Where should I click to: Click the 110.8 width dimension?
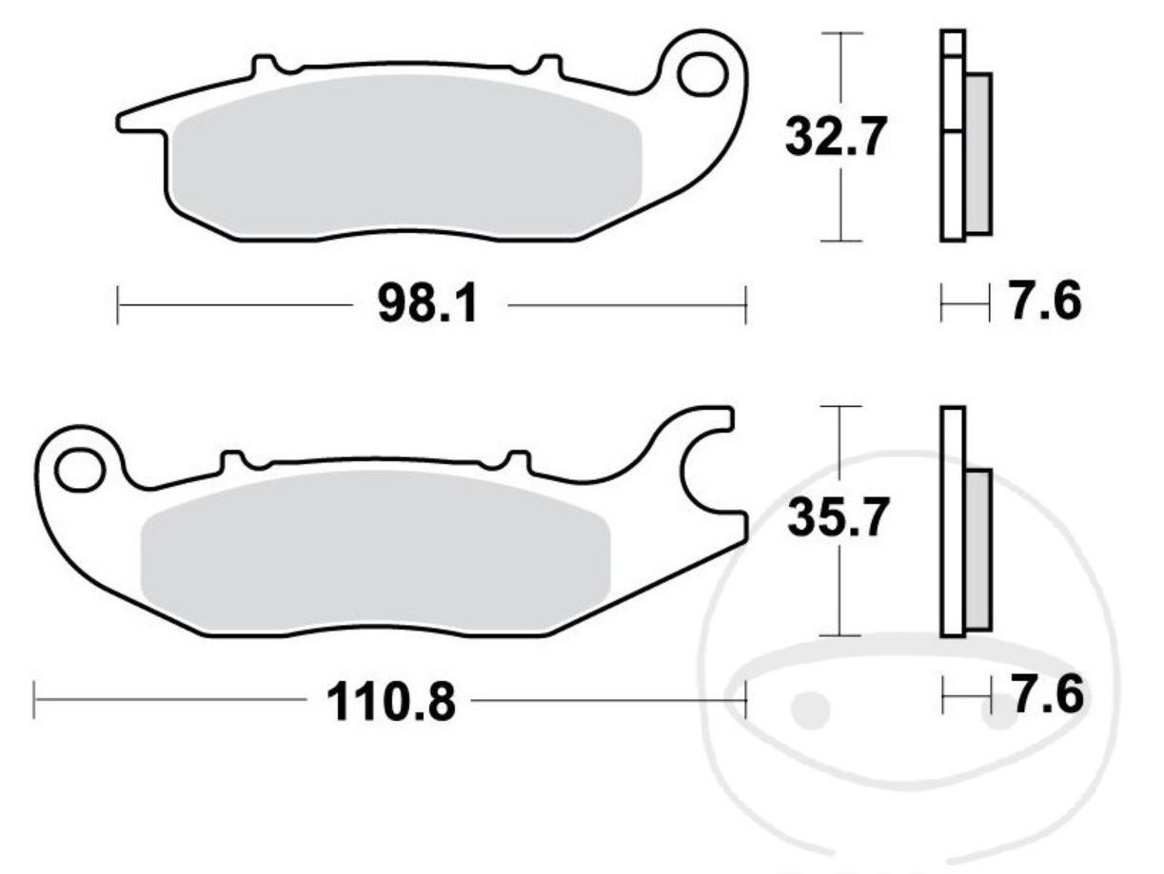click(x=391, y=703)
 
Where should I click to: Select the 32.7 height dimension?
click(x=836, y=138)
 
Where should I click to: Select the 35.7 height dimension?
click(x=838, y=519)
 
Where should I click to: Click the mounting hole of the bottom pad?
click(x=78, y=469)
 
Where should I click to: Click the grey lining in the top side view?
click(x=977, y=152)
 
